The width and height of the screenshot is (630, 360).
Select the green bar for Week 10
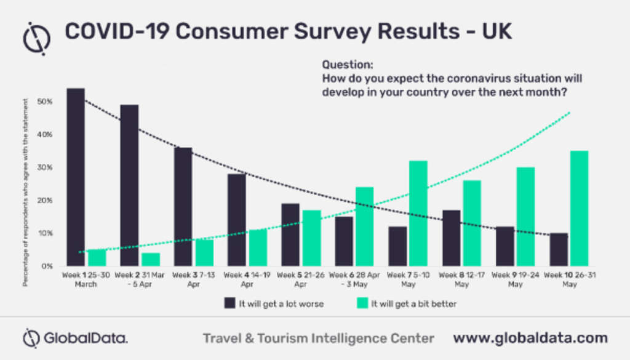click(579, 209)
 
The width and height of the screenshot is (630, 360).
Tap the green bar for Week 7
click(418, 214)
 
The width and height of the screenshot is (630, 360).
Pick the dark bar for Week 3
click(183, 207)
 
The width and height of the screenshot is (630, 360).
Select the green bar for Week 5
click(311, 238)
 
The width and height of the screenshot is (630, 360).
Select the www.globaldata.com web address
click(530, 338)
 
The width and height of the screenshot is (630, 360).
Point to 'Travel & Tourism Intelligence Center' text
click(319, 338)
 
